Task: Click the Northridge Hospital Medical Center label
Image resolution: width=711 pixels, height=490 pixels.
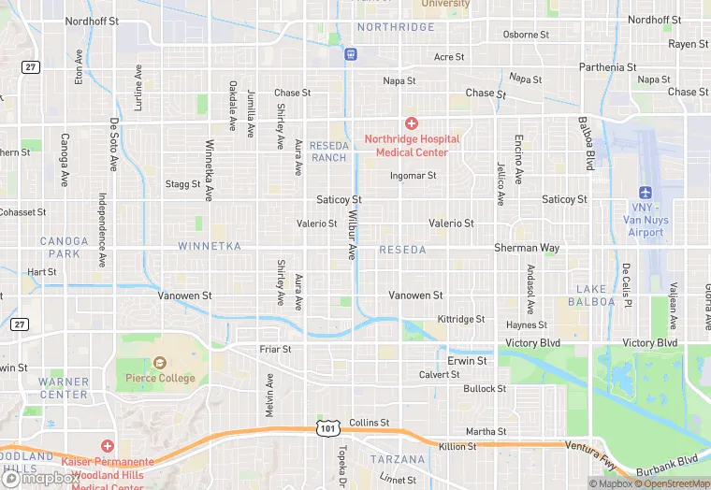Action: point(412,146)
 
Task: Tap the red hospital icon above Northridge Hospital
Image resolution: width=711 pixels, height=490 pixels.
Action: point(411,123)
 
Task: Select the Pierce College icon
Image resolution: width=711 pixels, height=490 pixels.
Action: point(159,363)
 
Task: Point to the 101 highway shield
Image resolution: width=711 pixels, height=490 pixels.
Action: point(326,428)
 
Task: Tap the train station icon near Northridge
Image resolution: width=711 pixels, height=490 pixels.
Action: point(350,53)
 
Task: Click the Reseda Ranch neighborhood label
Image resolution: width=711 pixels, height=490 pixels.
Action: point(329,151)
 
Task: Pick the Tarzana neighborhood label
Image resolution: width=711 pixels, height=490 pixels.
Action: point(398,460)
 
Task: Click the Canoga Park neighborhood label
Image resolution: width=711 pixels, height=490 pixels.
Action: point(64,248)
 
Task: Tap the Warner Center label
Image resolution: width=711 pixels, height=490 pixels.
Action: point(64,388)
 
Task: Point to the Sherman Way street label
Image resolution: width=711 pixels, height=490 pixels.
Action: point(527,248)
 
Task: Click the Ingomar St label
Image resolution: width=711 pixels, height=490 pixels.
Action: point(414,175)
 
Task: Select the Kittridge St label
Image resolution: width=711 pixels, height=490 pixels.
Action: point(461,319)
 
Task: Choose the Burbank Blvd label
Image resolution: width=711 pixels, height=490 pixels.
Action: point(675,460)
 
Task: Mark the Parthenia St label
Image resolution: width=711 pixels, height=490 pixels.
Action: point(607,67)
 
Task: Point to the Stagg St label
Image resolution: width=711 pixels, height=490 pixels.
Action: point(182,184)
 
